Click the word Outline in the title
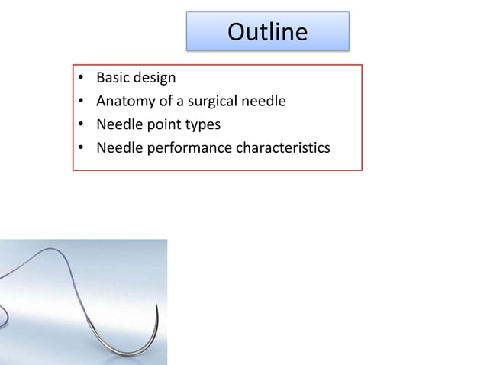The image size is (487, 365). [268, 32]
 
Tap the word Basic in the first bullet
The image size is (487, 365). [113, 78]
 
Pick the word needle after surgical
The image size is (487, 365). [264, 101]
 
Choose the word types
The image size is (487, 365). [200, 124]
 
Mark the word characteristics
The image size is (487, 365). [283, 147]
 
